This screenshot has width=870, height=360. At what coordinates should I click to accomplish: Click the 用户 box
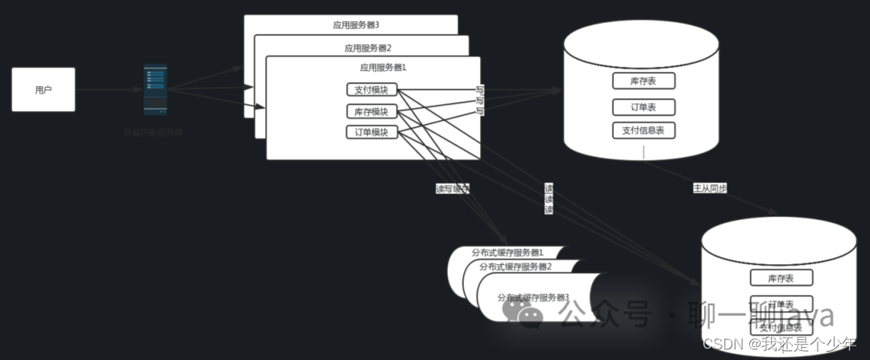tap(43, 89)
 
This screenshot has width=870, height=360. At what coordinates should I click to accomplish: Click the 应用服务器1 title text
tap(383, 68)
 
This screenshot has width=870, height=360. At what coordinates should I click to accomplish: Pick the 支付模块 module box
tap(371, 89)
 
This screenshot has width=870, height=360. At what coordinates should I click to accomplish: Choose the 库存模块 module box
tap(371, 111)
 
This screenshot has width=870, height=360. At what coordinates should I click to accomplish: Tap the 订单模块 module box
tap(371, 132)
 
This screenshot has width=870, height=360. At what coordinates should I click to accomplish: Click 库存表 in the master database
tap(643, 81)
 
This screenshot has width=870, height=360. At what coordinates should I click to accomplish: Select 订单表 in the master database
tap(643, 107)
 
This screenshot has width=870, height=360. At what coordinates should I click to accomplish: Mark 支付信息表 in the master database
tap(643, 130)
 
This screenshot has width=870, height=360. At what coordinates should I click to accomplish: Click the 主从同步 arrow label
tap(710, 188)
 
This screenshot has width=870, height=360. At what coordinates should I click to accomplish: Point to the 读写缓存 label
tap(452, 188)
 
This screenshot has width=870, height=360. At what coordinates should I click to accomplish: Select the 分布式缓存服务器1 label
tap(507, 253)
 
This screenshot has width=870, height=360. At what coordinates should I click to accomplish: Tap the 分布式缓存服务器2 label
tap(516, 267)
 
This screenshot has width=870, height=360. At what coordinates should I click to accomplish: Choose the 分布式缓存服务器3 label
tap(533, 297)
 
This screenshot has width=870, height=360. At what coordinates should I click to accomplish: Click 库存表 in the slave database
tap(781, 278)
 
